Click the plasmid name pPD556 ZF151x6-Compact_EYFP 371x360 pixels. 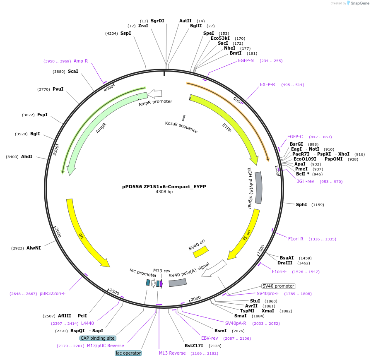164,187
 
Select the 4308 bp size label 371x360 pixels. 164,192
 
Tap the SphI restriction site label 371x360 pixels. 301,204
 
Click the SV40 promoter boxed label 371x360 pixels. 279,286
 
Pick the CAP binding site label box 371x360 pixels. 98,338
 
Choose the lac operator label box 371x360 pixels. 128,353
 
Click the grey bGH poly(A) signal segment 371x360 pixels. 258,188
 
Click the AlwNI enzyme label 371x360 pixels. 34,248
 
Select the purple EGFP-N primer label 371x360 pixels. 246,60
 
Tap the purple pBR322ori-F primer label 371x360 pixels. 53,294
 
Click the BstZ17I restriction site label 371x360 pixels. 194,346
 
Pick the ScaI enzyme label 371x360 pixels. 73,71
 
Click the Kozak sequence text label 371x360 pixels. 181,127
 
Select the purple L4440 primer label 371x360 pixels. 87,323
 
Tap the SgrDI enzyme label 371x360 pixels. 157,21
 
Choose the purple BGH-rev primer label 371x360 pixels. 305,181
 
